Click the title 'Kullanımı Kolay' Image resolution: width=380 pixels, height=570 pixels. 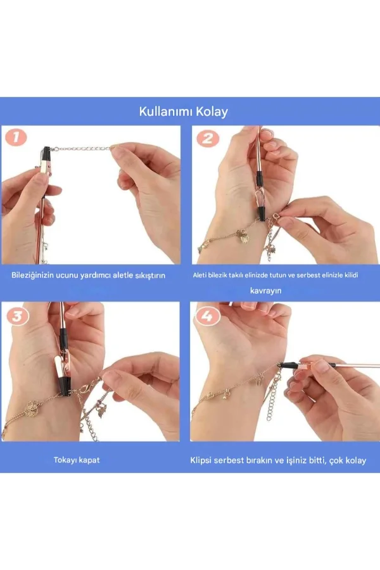(x=184, y=112)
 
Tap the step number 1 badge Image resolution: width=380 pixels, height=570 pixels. (x=15, y=138)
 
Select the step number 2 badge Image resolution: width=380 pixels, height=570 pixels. (x=206, y=138)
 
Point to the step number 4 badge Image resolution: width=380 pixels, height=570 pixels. (x=206, y=315)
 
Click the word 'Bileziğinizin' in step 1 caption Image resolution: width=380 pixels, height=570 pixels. (x=35, y=275)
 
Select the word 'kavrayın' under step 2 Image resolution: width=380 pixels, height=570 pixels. (x=265, y=290)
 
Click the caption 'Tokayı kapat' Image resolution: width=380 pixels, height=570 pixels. (x=76, y=460)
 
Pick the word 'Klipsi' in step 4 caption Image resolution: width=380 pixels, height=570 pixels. (x=202, y=460)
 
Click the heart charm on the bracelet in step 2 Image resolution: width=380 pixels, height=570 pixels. (x=241, y=236)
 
